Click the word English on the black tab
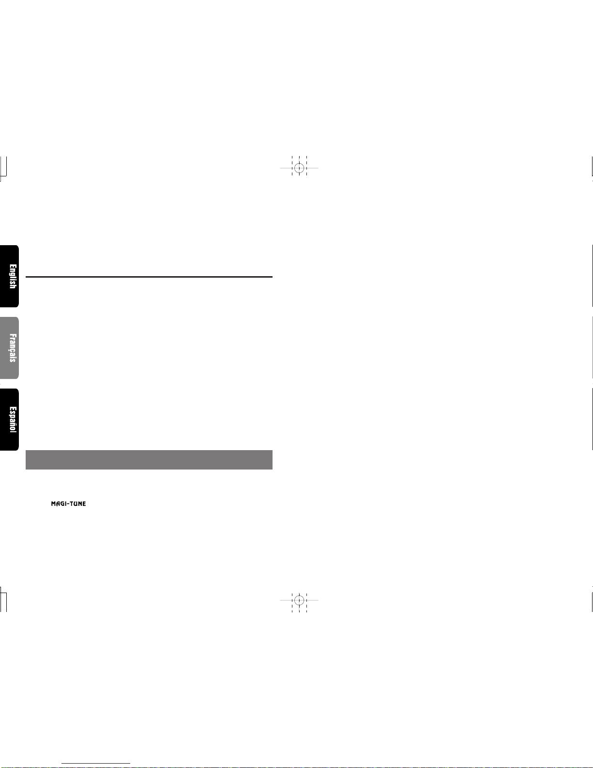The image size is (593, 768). tap(13, 276)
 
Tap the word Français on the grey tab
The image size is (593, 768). tap(13, 348)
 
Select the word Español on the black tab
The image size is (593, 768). tap(13, 420)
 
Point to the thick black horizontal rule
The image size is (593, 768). tap(149, 277)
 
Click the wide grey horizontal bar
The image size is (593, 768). tap(149, 459)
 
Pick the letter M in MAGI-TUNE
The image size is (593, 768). tap(54, 503)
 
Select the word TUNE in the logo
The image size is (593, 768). tap(77, 503)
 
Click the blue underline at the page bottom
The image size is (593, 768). tap(96, 764)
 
